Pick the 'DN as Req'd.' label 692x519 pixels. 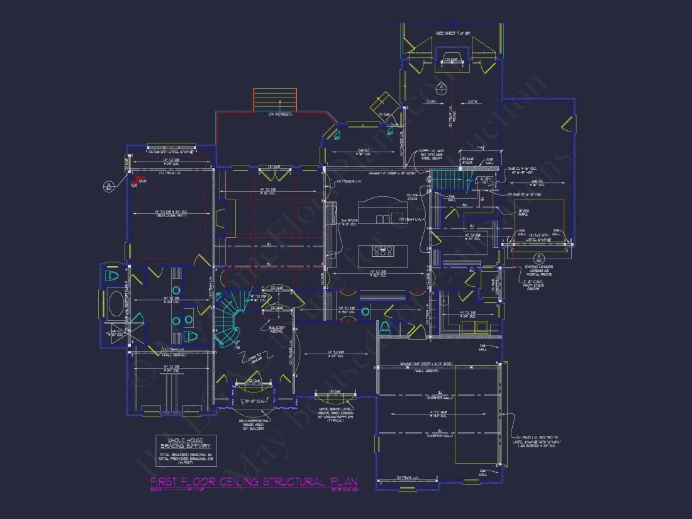click(x=276, y=114)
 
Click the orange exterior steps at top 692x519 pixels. click(x=274, y=99)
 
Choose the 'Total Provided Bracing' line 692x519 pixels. click(x=186, y=459)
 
